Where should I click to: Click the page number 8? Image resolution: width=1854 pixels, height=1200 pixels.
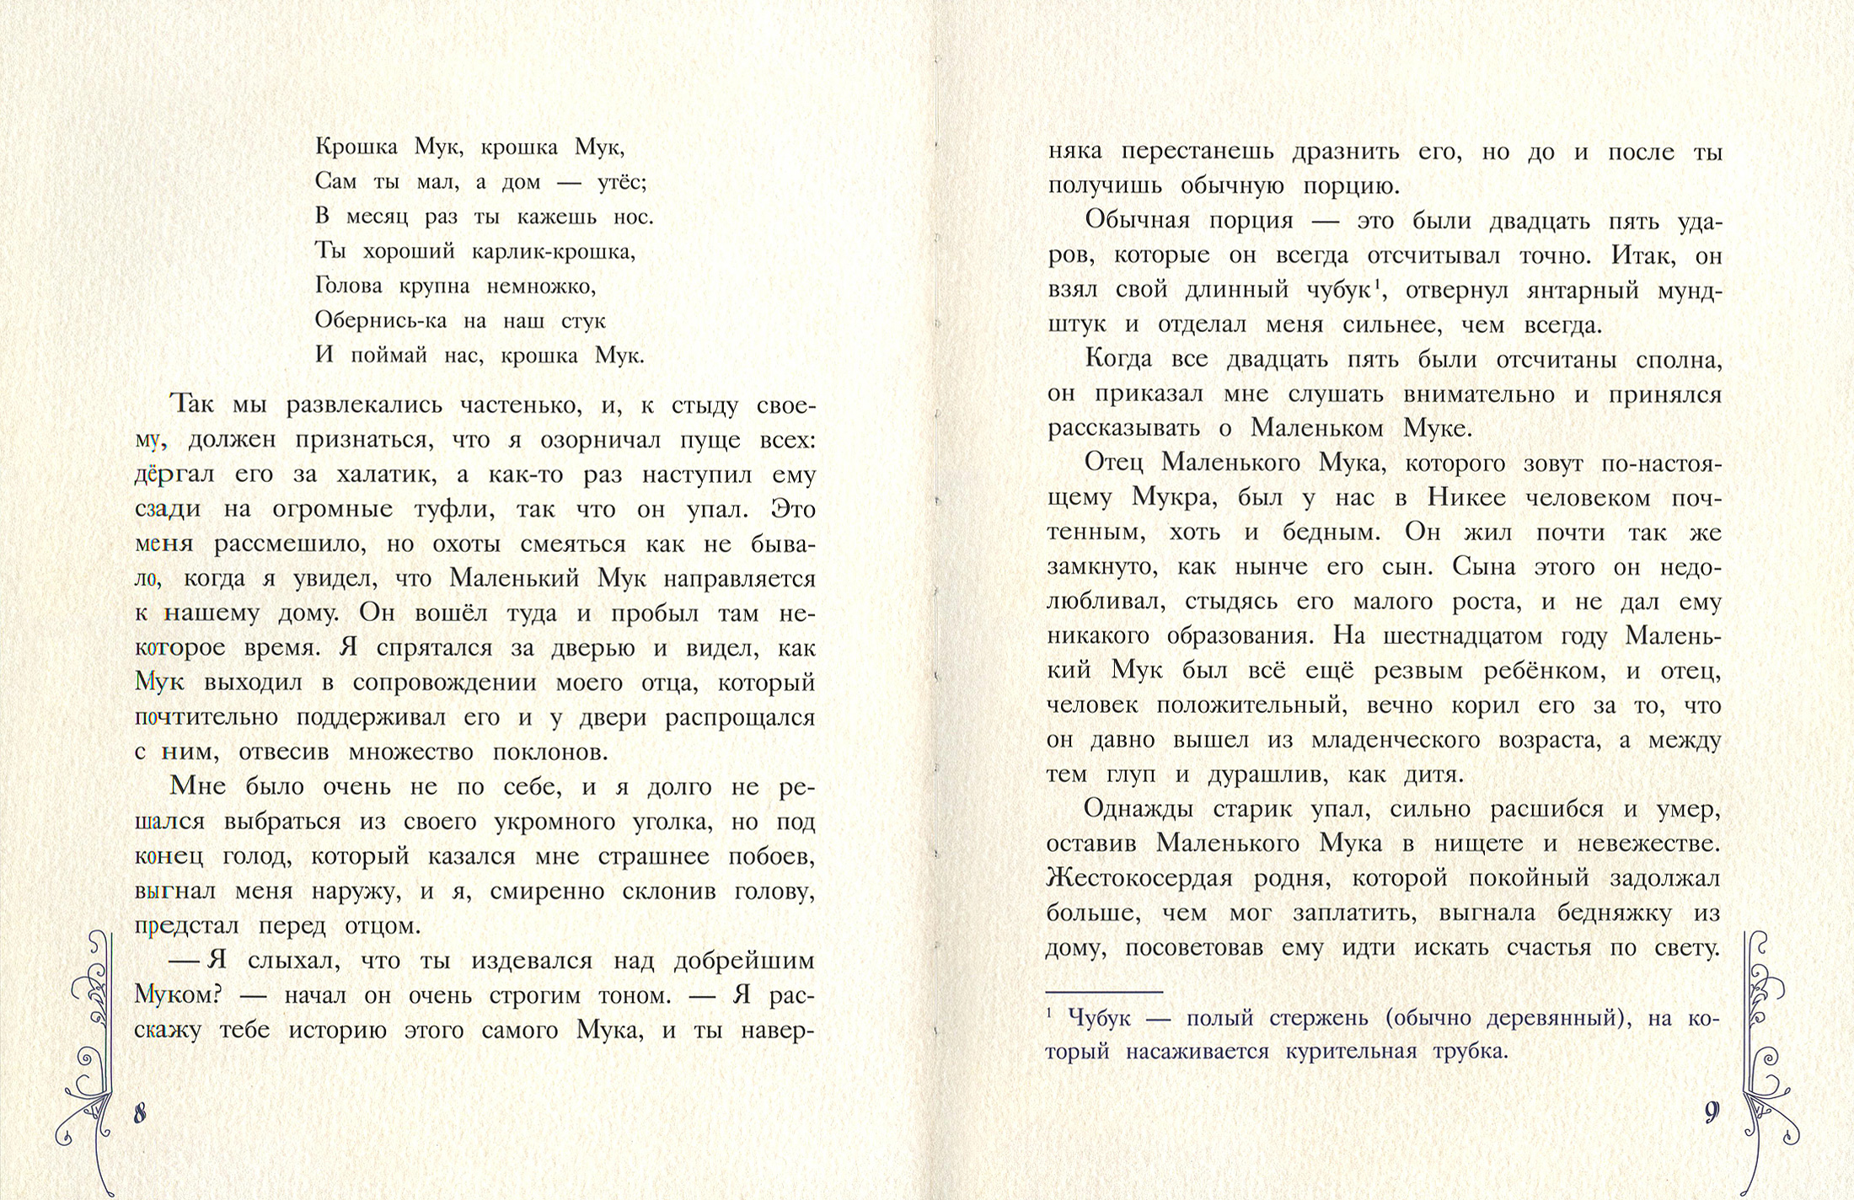(x=140, y=1113)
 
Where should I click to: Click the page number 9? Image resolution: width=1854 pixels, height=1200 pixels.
(x=1711, y=1112)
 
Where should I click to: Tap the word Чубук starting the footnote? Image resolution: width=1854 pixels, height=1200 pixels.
(x=1098, y=1018)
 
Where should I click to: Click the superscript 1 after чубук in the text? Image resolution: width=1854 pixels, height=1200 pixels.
(x=1375, y=284)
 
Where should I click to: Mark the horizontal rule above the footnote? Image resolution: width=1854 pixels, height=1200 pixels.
(x=1104, y=993)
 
